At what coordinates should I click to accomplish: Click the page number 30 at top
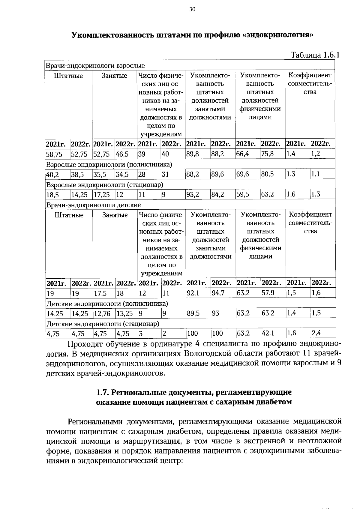[x=192, y=9]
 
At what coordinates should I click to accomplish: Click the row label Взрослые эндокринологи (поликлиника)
[x=109, y=165]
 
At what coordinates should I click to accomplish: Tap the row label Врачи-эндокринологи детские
[x=93, y=205]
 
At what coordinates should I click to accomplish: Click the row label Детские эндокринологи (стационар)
[x=103, y=324]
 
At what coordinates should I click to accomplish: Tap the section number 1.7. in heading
[x=103, y=392]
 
